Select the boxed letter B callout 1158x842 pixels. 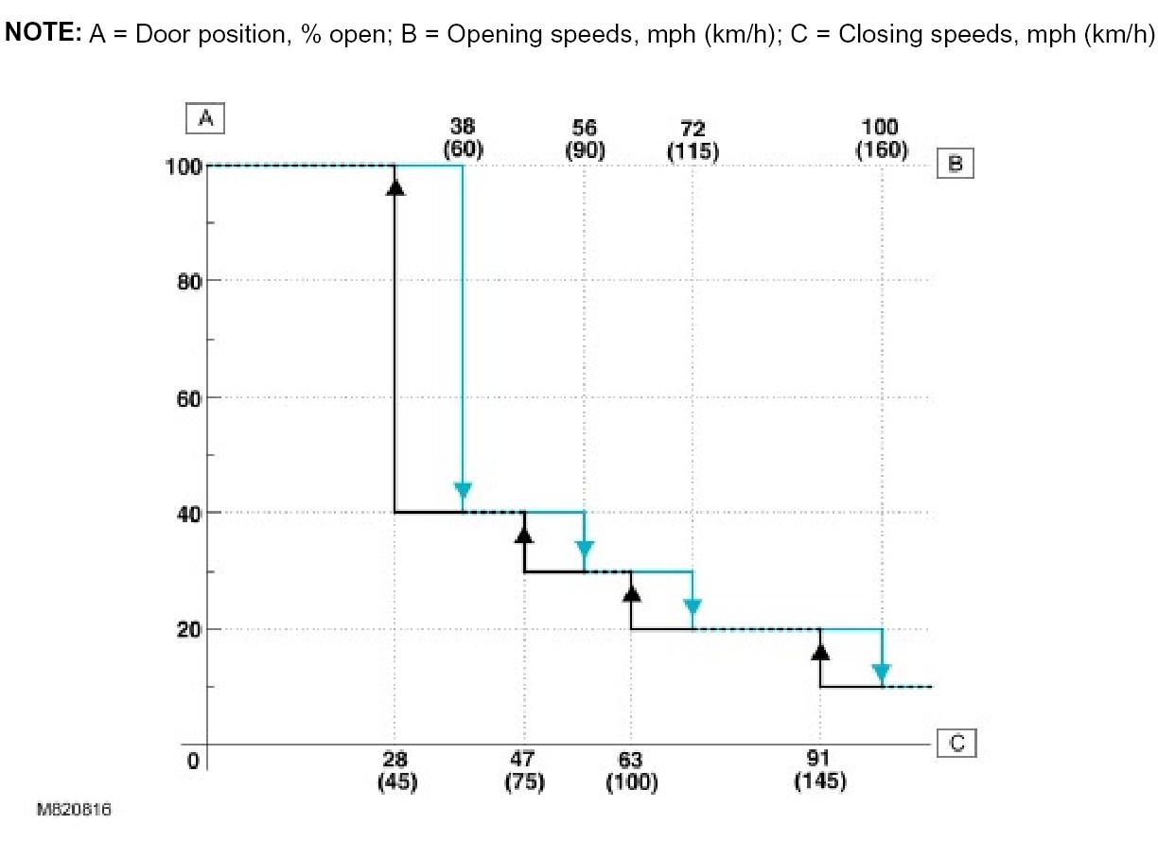click(x=955, y=164)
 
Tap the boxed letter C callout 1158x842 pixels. click(x=956, y=744)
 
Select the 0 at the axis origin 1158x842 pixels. click(x=194, y=760)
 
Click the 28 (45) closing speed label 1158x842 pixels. click(x=395, y=770)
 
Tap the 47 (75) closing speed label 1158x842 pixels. click(x=523, y=770)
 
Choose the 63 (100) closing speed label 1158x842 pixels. click(x=630, y=770)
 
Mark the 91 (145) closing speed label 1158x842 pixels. click(x=820, y=770)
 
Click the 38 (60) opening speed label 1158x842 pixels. click(x=463, y=138)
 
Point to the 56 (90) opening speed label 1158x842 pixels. click(x=584, y=138)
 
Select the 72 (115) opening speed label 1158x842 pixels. click(x=693, y=138)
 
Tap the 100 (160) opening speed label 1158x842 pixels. click(x=881, y=138)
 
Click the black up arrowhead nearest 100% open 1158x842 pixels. click(x=395, y=186)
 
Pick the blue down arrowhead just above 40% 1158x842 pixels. click(x=463, y=491)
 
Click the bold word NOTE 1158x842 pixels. click(x=43, y=33)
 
